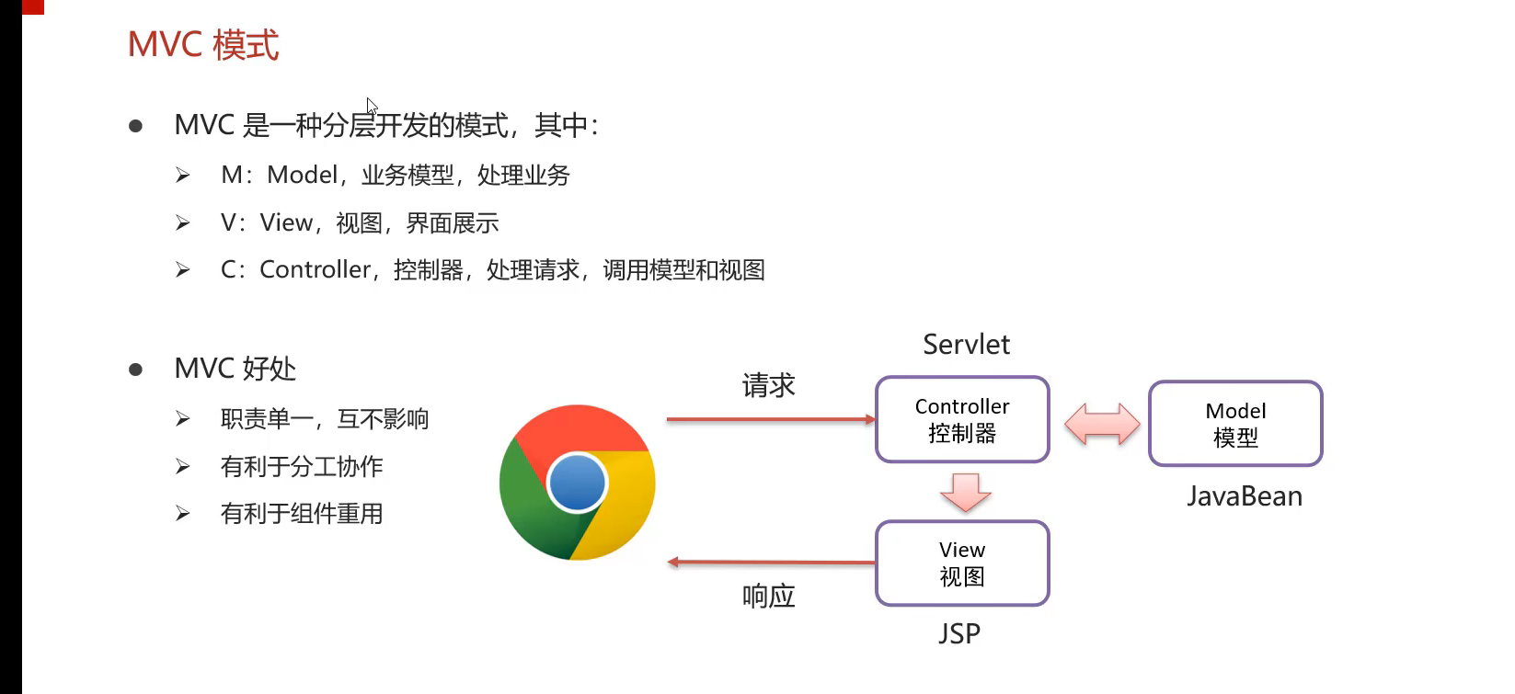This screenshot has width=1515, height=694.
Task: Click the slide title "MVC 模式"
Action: [202, 45]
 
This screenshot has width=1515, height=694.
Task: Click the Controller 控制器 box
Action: [962, 419]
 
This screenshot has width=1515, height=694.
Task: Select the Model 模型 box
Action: [1235, 424]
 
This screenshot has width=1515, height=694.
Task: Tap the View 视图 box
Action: [962, 563]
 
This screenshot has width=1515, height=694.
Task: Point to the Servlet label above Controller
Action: [966, 345]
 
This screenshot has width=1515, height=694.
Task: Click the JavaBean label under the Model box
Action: [1244, 496]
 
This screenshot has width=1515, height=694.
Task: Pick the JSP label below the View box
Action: [959, 633]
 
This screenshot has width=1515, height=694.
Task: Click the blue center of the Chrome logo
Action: [577, 482]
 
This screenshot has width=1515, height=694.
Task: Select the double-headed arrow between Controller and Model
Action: [1101, 425]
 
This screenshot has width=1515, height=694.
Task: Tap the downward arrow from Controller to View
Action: [965, 492]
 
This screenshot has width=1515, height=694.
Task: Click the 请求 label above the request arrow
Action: [768, 385]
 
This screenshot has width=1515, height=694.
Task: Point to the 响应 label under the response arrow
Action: [768, 597]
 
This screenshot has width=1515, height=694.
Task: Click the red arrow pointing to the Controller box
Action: [771, 420]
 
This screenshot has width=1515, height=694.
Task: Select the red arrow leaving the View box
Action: [771, 562]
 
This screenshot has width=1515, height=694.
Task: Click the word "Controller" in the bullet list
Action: [315, 269]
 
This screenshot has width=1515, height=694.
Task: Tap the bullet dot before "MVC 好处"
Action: [136, 370]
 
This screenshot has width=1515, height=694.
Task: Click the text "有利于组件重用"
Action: [302, 513]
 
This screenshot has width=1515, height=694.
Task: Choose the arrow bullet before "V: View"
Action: [183, 222]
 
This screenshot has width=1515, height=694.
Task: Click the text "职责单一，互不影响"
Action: [325, 419]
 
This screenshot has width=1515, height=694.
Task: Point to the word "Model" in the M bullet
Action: [302, 175]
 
